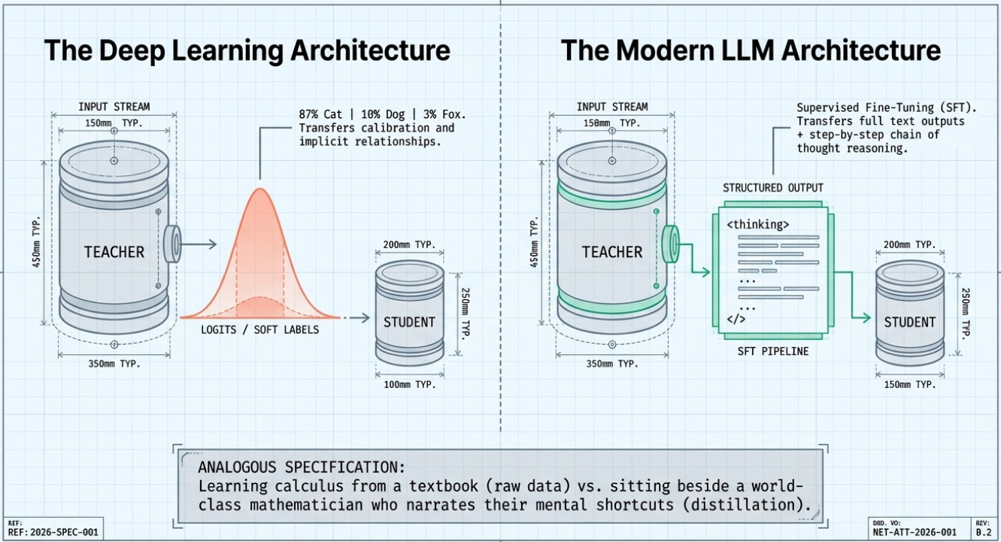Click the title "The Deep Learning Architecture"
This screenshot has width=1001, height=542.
click(x=247, y=51)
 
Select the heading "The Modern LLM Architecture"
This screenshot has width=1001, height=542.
click(x=751, y=51)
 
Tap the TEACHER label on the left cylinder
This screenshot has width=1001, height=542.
click(x=114, y=251)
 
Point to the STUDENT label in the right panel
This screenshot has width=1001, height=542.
click(x=910, y=322)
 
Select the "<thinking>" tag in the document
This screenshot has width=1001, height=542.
click(x=758, y=223)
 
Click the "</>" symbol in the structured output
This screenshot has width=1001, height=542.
click(x=736, y=319)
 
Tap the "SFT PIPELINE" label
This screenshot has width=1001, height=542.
click(x=772, y=350)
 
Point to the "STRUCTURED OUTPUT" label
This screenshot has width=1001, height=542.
click(x=773, y=187)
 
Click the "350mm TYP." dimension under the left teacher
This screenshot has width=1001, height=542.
click(x=113, y=363)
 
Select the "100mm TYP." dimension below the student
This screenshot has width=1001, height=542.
click(x=409, y=384)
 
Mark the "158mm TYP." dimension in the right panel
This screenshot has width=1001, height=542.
click(x=612, y=123)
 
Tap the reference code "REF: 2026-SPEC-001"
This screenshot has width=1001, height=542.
click(x=53, y=531)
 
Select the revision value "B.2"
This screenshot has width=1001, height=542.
click(x=984, y=531)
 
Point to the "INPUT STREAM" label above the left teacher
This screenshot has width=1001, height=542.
click(x=113, y=106)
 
